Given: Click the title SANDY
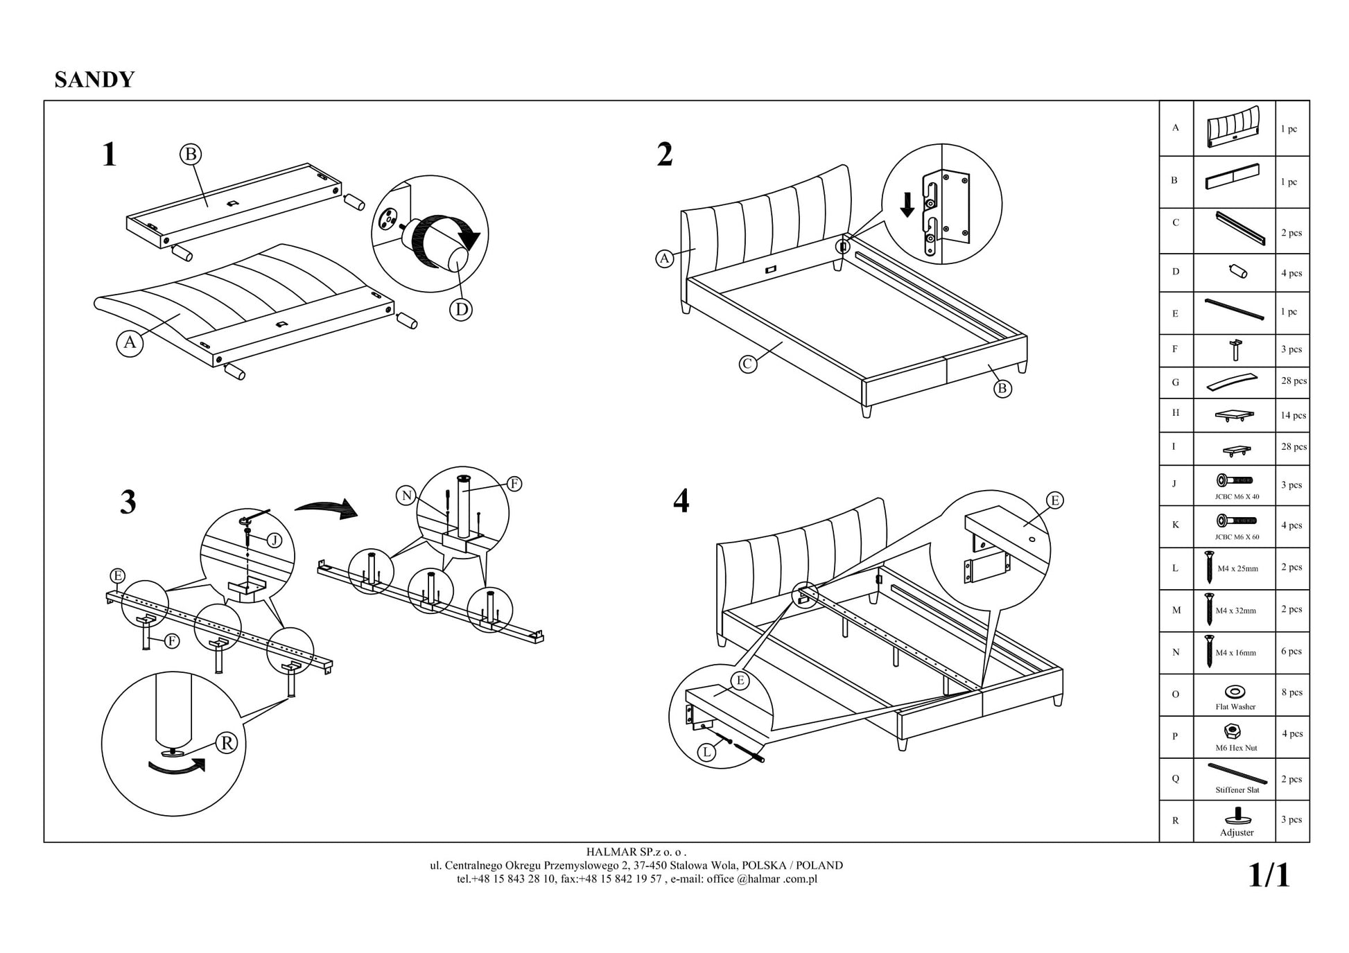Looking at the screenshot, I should pos(94,80).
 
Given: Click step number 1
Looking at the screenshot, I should pos(109,154).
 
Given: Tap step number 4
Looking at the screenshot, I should pos(681,500).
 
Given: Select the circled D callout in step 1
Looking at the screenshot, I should pos(461,309).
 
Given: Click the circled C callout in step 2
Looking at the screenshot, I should pos(747,363).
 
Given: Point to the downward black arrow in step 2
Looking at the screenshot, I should pos(907,204).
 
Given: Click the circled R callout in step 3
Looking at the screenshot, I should pos(226,743).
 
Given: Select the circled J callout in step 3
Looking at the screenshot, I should pos(275,541).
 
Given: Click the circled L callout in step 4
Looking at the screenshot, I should pos(706,752).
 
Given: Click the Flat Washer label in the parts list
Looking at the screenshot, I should pos(1235,707).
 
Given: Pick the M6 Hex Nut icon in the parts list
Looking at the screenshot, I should pos(1233,731).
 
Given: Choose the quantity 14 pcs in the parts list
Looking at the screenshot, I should pos(1293,415).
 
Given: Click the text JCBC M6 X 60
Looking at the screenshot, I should pos(1237,537).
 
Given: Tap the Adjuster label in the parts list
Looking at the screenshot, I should pos(1237,832).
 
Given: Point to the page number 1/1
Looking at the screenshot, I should pos(1269,875).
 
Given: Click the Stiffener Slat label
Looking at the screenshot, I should pos(1237,790).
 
